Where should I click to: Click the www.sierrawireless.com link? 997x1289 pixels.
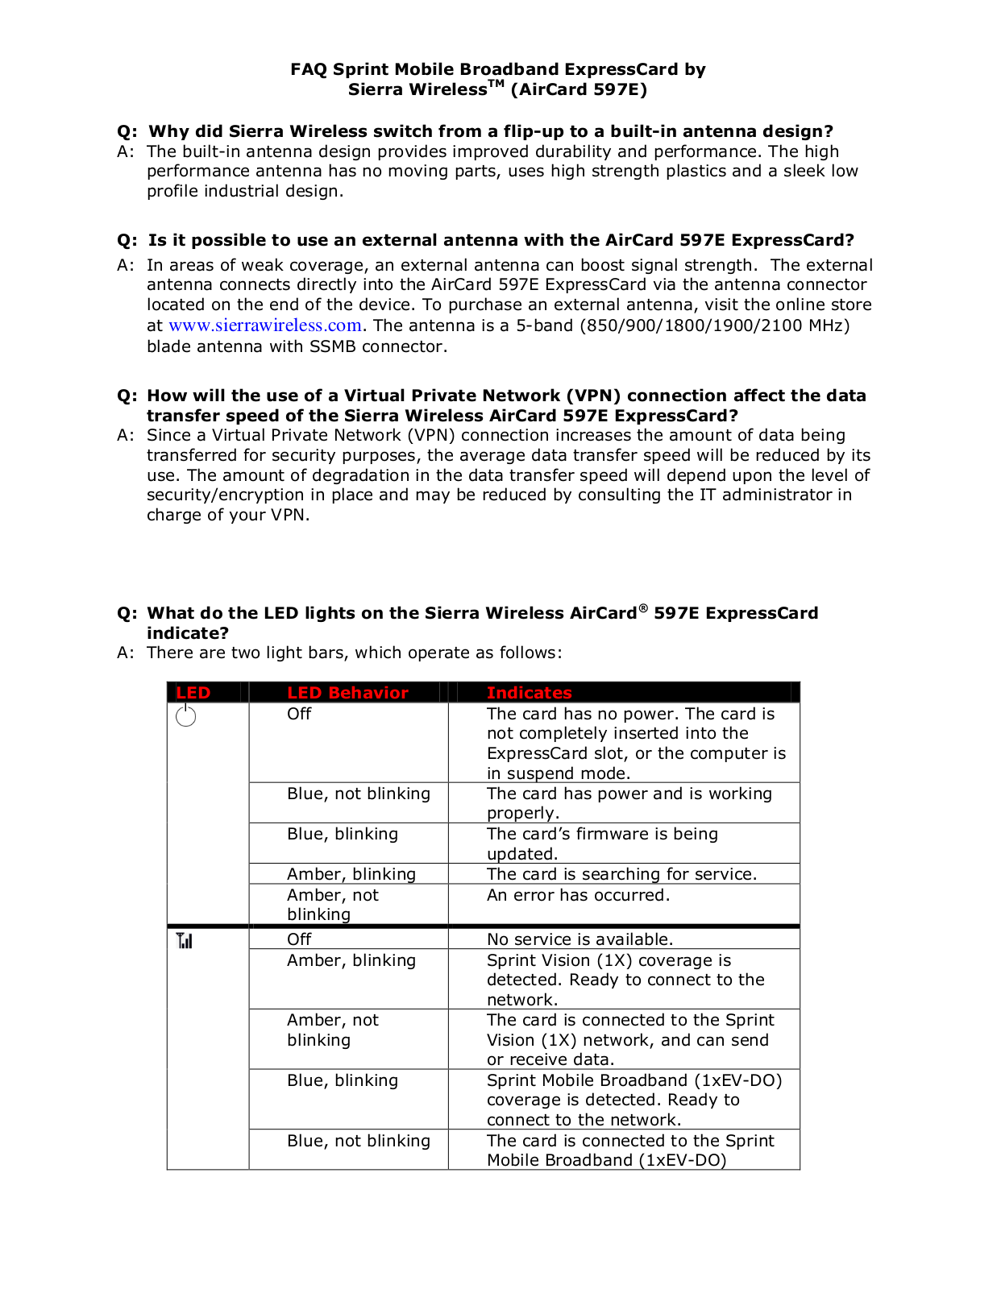click(x=264, y=325)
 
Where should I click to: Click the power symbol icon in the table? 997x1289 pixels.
click(x=185, y=715)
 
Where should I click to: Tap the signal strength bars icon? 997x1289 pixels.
click(x=185, y=940)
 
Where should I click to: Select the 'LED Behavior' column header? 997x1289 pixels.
click(x=347, y=693)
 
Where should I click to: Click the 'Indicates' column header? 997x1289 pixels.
click(x=529, y=693)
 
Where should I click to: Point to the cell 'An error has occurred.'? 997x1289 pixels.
click(x=578, y=895)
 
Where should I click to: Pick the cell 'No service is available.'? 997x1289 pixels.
click(x=580, y=939)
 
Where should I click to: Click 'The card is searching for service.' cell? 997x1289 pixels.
click(x=621, y=874)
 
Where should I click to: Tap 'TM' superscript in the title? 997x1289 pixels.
click(x=496, y=84)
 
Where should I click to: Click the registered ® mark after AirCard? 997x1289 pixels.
click(x=642, y=608)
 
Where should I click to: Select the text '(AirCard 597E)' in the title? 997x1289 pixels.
click(x=579, y=89)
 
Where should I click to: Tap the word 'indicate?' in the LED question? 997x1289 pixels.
click(x=188, y=633)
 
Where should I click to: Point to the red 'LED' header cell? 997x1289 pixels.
click(x=193, y=693)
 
